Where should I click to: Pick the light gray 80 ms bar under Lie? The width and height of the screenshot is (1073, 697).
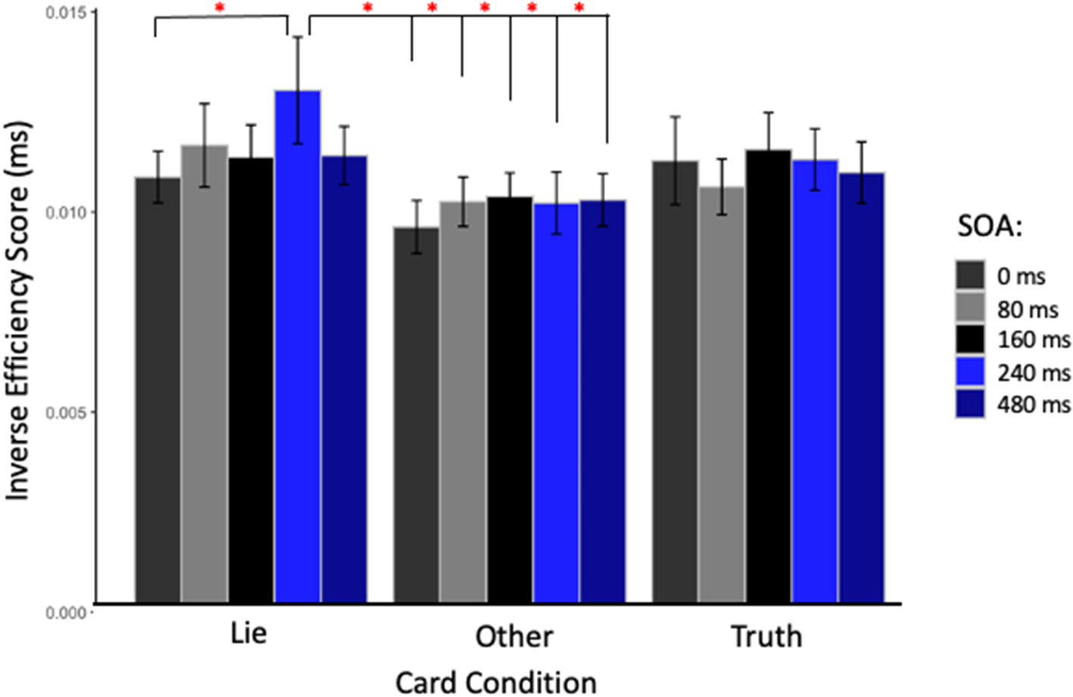[204, 374]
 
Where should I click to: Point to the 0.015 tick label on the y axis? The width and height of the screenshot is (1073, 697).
[66, 13]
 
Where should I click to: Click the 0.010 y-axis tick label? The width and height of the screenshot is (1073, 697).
[66, 213]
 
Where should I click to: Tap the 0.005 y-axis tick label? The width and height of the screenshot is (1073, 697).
[66, 413]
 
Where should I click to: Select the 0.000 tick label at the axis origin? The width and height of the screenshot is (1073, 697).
[66, 613]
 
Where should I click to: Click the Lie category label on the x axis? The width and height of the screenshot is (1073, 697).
[248, 633]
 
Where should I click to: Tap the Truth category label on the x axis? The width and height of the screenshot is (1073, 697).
[766, 636]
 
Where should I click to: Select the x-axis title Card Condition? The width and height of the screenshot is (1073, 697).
[496, 681]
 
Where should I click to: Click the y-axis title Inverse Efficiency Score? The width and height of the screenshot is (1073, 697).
[18, 310]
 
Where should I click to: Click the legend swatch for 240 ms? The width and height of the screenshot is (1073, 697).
[970, 372]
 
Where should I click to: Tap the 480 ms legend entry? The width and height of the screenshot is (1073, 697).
[1034, 405]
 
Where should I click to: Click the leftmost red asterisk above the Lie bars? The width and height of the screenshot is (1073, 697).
[220, 8]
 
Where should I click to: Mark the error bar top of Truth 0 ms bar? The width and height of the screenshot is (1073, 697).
[675, 117]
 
